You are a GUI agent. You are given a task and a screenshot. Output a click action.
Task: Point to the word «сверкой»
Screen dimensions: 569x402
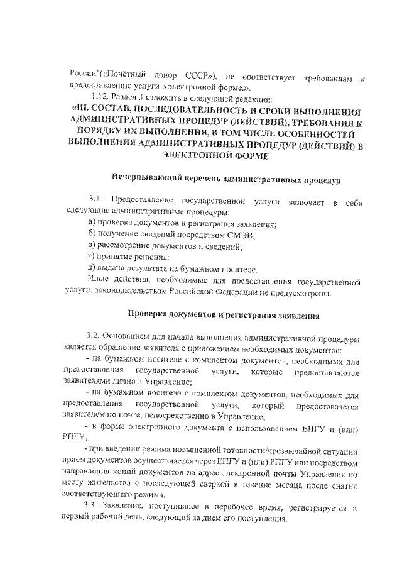229,486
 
